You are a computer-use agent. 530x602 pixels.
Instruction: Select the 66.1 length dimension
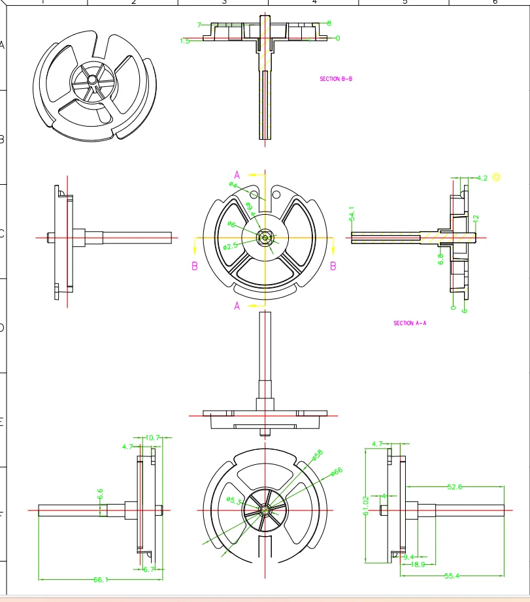[x=101, y=579]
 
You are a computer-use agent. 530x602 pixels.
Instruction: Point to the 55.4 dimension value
[x=453, y=575]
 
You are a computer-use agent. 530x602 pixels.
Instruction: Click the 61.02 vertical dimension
[x=366, y=504]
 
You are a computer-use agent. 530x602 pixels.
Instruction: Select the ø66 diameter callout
[x=337, y=471]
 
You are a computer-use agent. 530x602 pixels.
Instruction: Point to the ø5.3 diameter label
[x=235, y=500]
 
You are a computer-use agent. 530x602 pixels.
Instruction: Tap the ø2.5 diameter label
[x=230, y=246]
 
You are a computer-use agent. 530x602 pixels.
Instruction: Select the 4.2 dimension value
[x=482, y=178]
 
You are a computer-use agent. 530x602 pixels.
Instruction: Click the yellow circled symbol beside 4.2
[x=497, y=177]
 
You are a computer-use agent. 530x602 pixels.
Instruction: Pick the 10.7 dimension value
[x=153, y=437]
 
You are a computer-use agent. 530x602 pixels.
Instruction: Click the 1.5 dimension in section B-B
[x=185, y=41]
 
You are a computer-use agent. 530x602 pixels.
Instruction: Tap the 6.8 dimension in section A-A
[x=440, y=259]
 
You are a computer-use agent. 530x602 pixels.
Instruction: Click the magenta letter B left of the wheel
[x=195, y=266]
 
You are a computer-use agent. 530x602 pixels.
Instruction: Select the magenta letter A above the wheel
[x=237, y=175]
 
